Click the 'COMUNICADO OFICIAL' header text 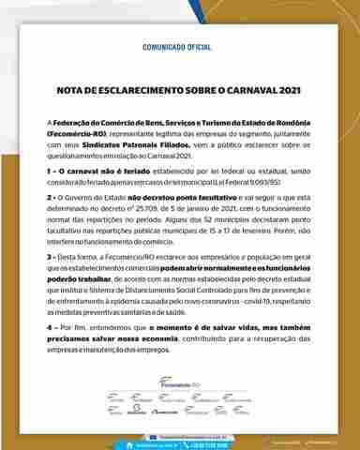pyautogui.click(x=179, y=44)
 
